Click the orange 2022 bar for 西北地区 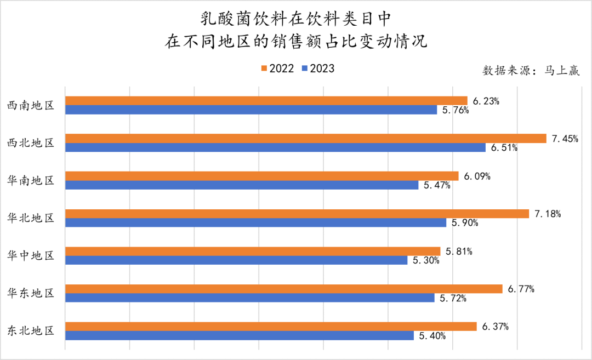[306, 138]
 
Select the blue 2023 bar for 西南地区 [251, 110]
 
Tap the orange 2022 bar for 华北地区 [297, 214]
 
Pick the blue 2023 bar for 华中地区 [236, 260]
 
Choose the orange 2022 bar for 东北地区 [271, 327]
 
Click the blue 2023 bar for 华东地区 [250, 298]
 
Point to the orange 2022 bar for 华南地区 [262, 176]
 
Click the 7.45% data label [565, 139]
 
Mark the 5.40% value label [432, 336]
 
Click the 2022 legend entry [277, 68]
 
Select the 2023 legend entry [318, 68]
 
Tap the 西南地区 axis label [31, 105]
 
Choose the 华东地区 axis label [31, 293]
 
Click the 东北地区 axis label [31, 331]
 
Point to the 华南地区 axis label [31, 180]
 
